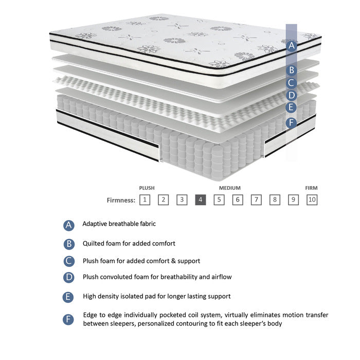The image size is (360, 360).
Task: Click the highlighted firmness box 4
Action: point(201,200)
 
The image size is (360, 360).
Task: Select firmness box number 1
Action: point(145,200)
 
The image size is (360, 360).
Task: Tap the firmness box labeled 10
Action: point(312,200)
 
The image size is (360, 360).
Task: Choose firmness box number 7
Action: point(256,200)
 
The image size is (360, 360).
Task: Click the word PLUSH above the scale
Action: point(147,188)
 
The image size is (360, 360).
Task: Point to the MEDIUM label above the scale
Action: point(229,188)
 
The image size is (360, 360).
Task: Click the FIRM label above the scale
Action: point(311,188)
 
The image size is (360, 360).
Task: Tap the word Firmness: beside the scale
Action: point(121,200)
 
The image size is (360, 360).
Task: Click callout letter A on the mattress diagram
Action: point(292,45)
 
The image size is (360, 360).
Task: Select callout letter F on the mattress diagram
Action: point(292,122)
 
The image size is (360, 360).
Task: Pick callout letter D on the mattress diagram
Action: point(292,95)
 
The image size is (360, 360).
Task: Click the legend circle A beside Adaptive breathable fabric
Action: point(69,225)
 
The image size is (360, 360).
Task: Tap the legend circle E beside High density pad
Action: point(69,297)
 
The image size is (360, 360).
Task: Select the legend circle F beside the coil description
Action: point(69,319)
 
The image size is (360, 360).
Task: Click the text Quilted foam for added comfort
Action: point(129,243)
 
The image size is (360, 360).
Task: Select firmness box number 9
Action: point(293,200)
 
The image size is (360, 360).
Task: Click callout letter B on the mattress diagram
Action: point(292,70)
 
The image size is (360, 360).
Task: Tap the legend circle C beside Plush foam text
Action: point(69,261)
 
